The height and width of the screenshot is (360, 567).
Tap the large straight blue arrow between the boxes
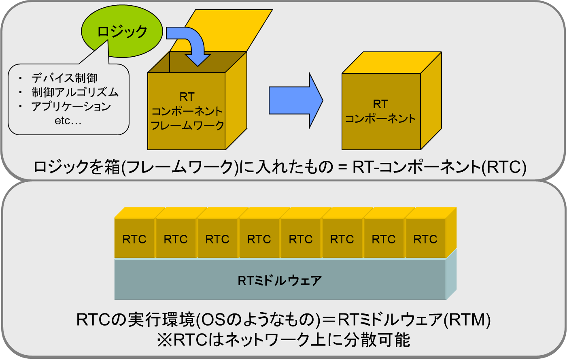click(x=296, y=100)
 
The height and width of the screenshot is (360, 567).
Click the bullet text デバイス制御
click(x=64, y=78)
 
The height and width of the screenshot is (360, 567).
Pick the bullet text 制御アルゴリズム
click(x=75, y=92)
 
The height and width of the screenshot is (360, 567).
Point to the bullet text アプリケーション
click(x=71, y=107)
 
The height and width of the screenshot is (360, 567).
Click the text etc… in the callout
click(x=68, y=121)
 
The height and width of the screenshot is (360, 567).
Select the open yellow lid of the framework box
click(x=221, y=31)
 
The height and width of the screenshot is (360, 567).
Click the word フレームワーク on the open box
click(x=187, y=125)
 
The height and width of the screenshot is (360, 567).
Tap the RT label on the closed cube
click(x=380, y=104)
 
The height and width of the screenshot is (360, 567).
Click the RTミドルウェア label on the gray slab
click(x=280, y=281)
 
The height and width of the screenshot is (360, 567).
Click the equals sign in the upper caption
click(x=342, y=167)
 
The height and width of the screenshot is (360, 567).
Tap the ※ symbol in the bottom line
click(x=165, y=340)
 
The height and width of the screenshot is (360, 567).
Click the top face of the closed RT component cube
click(x=392, y=63)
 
